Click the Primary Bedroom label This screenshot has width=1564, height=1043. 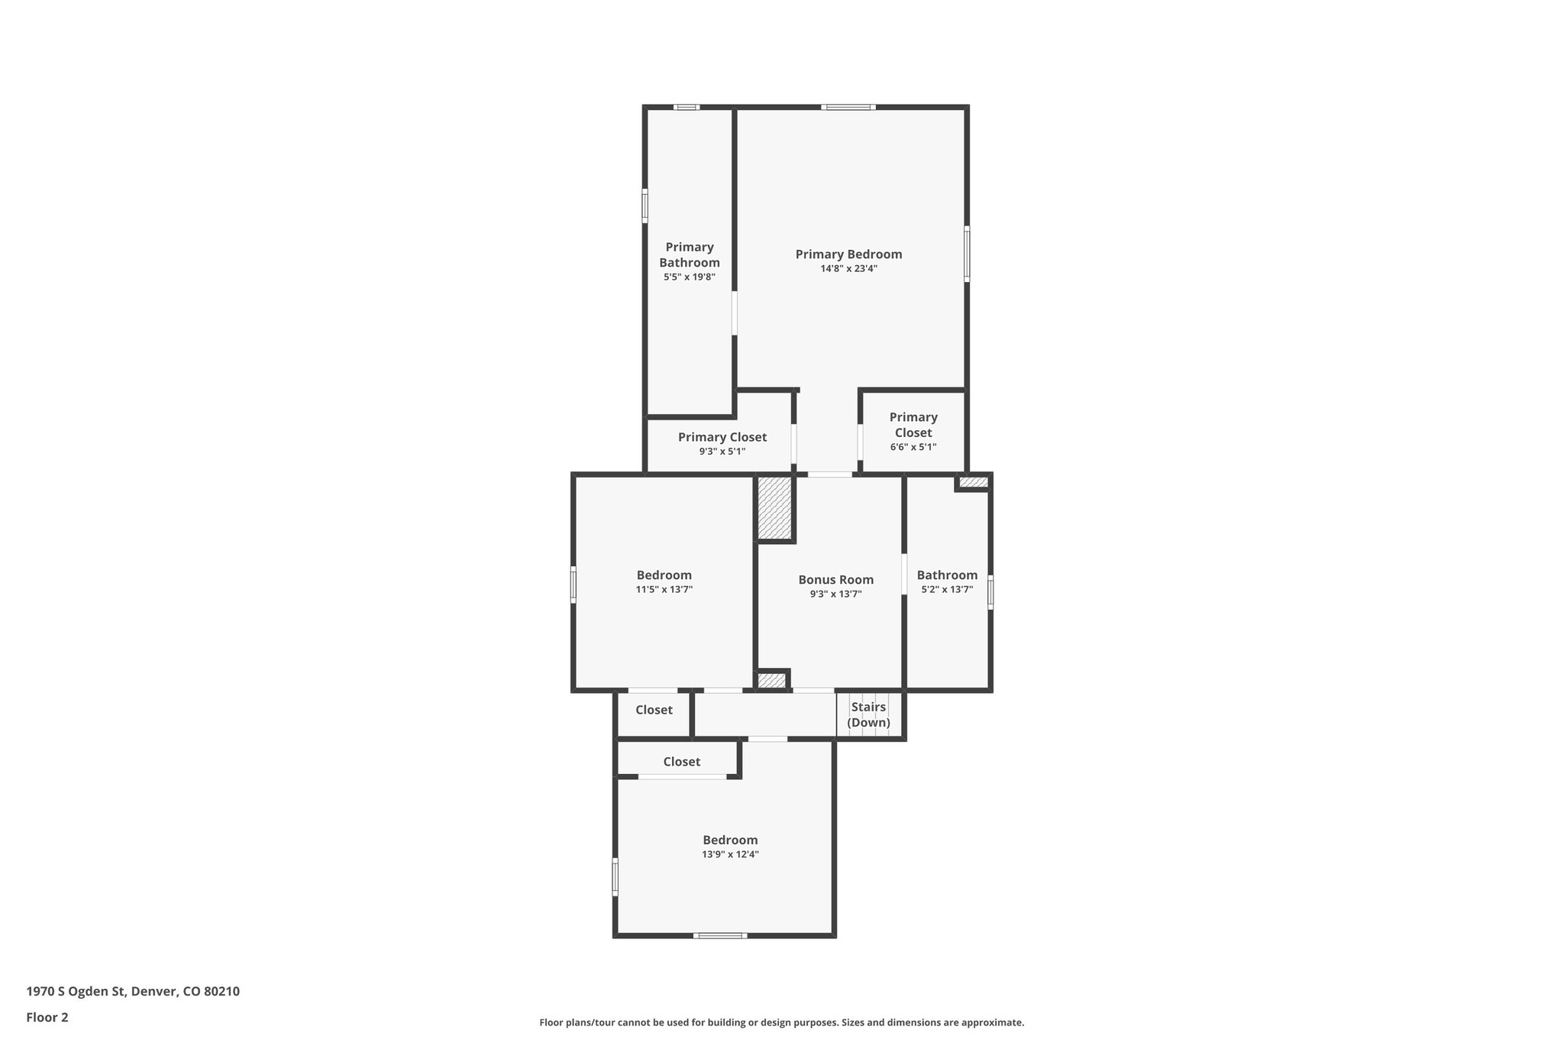[x=848, y=254]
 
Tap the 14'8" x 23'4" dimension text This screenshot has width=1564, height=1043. [x=848, y=269]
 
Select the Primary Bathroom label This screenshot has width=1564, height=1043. [x=690, y=254]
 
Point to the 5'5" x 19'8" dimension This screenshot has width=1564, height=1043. [x=690, y=277]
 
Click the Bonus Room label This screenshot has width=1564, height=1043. [x=835, y=580]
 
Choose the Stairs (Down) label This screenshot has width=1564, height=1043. [x=868, y=714]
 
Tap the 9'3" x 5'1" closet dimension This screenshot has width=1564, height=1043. [x=722, y=452]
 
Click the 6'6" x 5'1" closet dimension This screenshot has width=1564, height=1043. [x=913, y=447]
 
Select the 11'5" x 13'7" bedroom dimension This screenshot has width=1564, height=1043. [x=664, y=590]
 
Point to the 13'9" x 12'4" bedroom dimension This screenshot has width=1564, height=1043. [x=730, y=854]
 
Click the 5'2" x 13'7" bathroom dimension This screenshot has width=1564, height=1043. [x=947, y=590]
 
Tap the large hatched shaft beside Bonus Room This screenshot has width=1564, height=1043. [x=774, y=508]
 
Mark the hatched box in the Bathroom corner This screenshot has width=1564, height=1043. [x=973, y=482]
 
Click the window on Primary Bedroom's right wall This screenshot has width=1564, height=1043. [x=967, y=254]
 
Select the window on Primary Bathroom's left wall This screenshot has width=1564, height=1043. [x=645, y=206]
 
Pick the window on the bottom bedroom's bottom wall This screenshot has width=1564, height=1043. [x=720, y=935]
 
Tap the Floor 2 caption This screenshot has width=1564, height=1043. [x=47, y=1017]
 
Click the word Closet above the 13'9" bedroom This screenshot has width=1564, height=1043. [x=681, y=762]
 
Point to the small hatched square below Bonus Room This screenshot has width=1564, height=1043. [x=771, y=680]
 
